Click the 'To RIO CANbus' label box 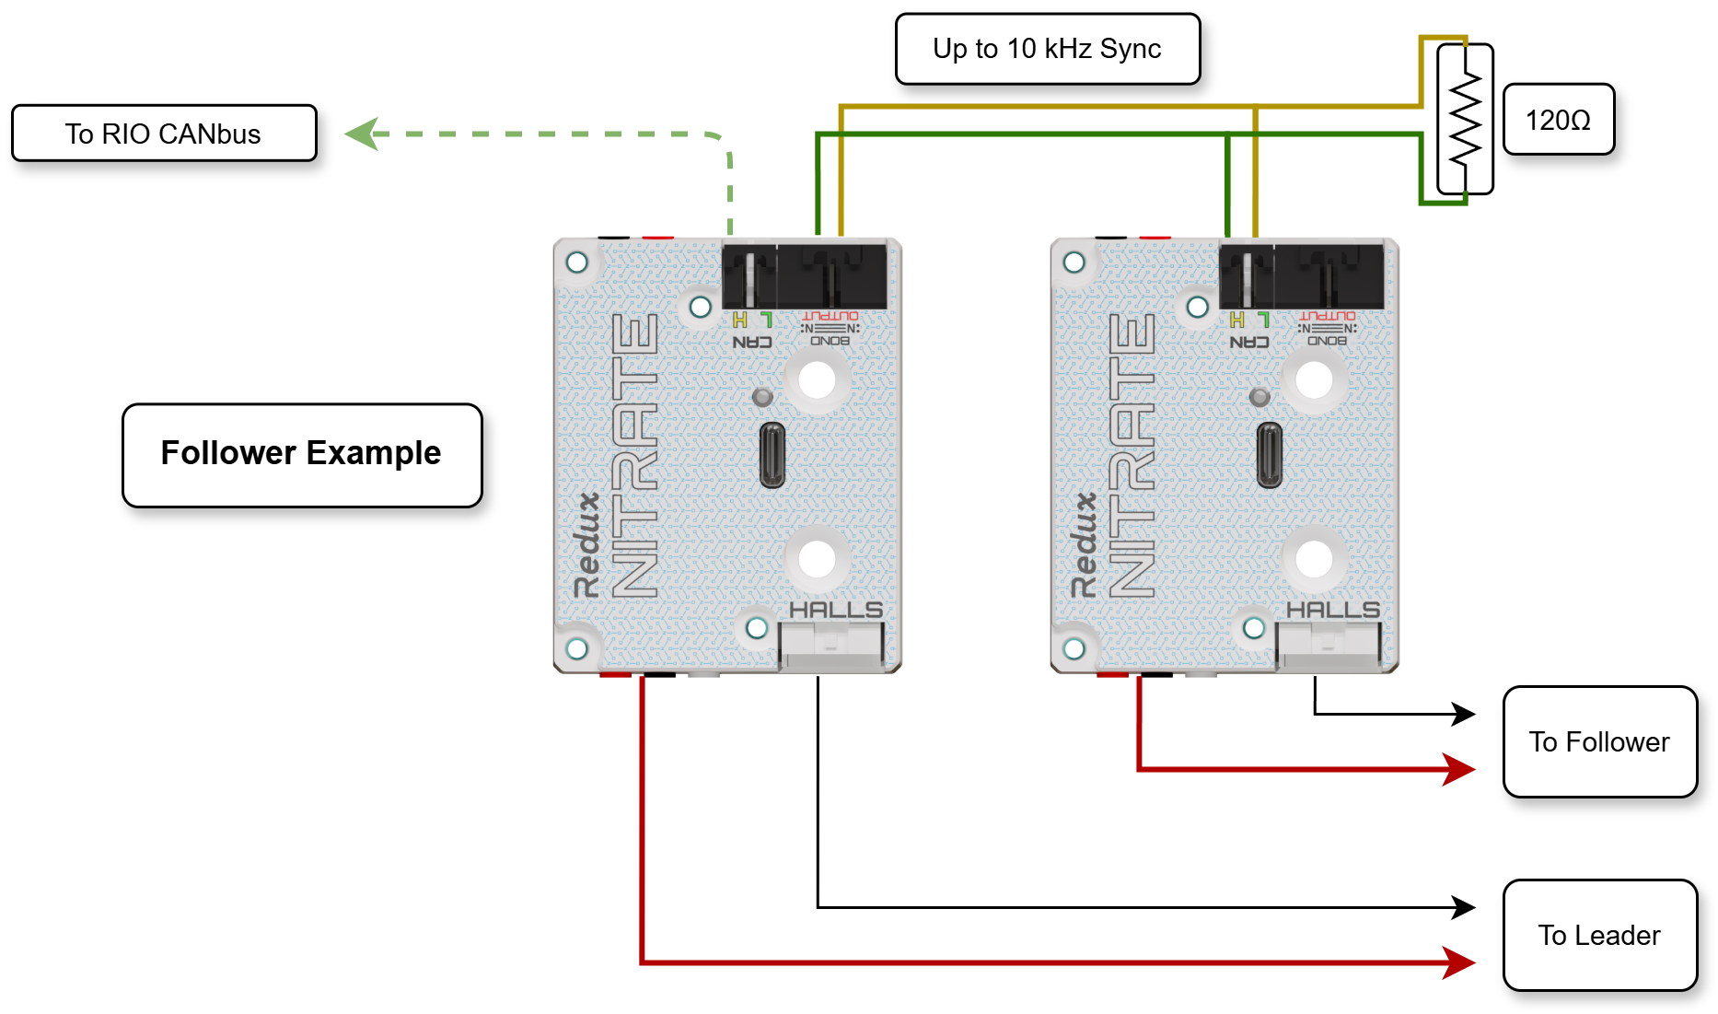click(164, 134)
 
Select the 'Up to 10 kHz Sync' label click(1047, 49)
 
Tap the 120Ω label click(1558, 120)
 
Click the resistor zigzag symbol click(1465, 119)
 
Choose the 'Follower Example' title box click(302, 454)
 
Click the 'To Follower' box click(1599, 741)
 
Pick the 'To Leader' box click(1599, 935)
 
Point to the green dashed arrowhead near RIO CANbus click(361, 134)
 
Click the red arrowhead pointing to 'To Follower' click(1459, 769)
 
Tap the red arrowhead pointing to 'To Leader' click(1459, 962)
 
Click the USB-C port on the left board click(772, 455)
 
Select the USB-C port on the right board click(1269, 455)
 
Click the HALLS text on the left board click(835, 610)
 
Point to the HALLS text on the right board click(1332, 610)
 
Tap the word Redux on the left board click(587, 544)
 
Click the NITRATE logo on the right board click(1132, 455)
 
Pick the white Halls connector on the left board click(831, 644)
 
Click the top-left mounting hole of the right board click(1074, 262)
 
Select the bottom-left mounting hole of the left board click(577, 648)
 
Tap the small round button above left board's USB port click(762, 397)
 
